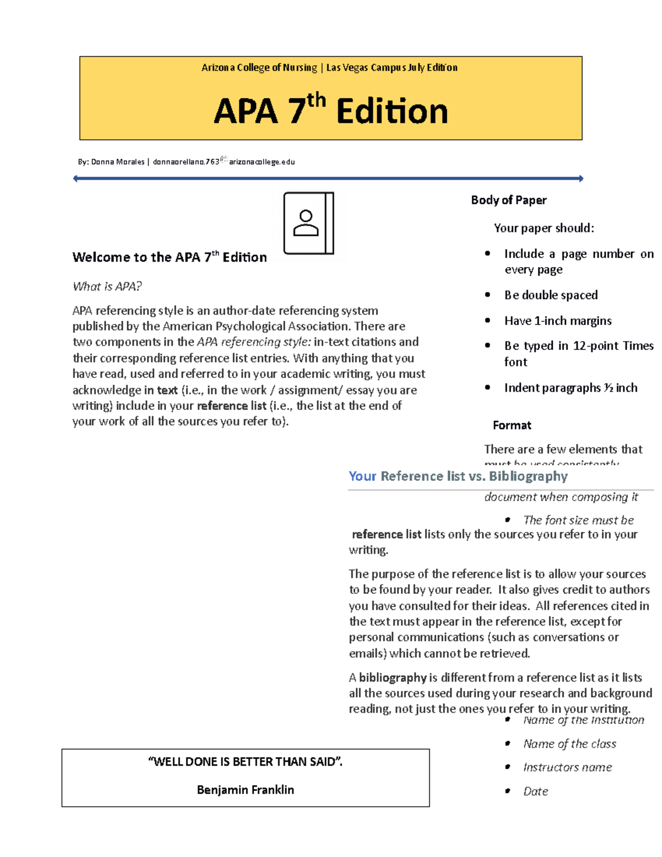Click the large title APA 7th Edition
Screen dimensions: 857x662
click(x=330, y=111)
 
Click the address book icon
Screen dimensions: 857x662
click(x=308, y=223)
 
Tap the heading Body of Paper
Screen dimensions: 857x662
click(x=508, y=200)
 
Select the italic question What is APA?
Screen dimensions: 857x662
click(x=107, y=286)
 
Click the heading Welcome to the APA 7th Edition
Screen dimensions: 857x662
click(x=169, y=257)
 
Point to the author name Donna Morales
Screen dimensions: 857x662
click(x=118, y=162)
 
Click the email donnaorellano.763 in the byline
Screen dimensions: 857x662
click(x=186, y=162)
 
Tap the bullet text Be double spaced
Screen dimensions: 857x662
click(x=551, y=295)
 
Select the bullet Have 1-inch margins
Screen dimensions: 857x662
click(x=557, y=321)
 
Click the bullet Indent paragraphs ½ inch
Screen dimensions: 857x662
click(x=570, y=388)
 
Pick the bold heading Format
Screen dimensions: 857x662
click(x=511, y=425)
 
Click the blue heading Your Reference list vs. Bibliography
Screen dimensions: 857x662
click(x=458, y=476)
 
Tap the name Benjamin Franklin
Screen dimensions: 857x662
click(x=245, y=790)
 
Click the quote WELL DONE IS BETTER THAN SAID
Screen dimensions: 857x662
click(x=245, y=762)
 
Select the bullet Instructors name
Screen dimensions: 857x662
click(x=567, y=768)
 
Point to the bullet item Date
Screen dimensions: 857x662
click(x=535, y=791)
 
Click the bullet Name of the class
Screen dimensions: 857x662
click(x=569, y=744)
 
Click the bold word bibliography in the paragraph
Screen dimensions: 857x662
click(x=393, y=678)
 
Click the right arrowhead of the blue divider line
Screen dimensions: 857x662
click(x=581, y=178)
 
